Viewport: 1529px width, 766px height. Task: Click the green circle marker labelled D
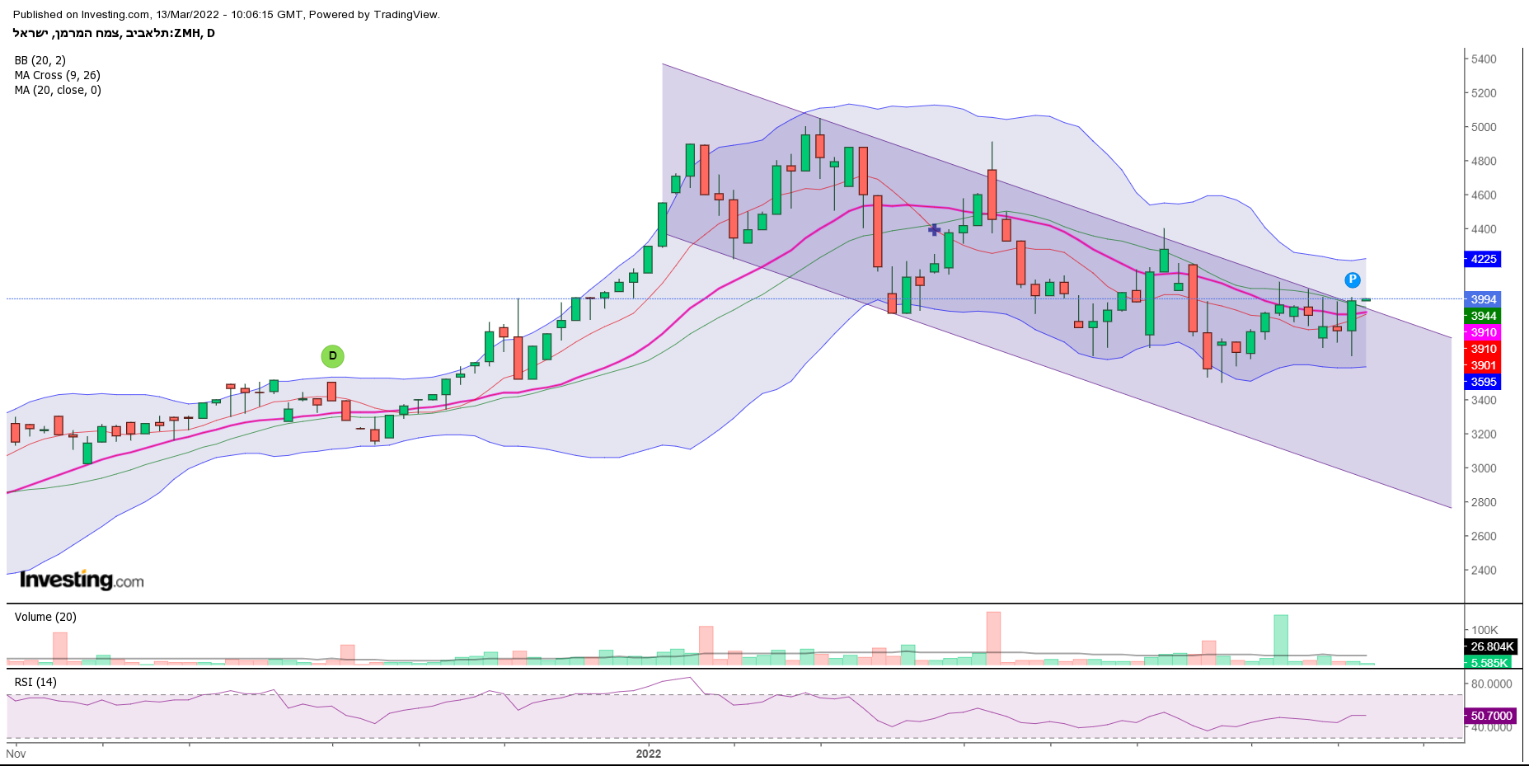[x=332, y=356]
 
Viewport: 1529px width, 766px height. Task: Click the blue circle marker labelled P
[x=1352, y=280]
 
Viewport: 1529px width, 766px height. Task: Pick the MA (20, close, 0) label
[x=58, y=90]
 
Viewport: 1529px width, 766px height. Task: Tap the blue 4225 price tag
[x=1483, y=259]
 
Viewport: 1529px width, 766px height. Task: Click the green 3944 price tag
[x=1483, y=316]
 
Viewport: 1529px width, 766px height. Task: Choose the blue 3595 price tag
[x=1483, y=382]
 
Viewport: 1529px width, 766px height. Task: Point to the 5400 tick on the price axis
[x=1484, y=59]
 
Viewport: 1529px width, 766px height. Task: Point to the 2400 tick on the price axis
[x=1484, y=570]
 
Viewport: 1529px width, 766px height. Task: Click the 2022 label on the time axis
[x=649, y=754]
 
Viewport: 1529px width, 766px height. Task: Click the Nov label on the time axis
[x=16, y=754]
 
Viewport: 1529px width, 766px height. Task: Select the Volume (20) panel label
[x=45, y=617]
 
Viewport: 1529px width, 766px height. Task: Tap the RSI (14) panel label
[x=35, y=682]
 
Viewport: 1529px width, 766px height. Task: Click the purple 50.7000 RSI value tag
[x=1490, y=716]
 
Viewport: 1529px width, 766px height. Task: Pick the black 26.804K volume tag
[x=1491, y=646]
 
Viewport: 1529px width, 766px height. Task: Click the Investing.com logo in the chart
[x=82, y=580]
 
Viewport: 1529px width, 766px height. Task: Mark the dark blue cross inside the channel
[x=934, y=229]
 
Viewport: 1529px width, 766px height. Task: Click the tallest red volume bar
[x=993, y=638]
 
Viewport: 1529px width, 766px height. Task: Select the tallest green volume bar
[x=1280, y=639]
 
